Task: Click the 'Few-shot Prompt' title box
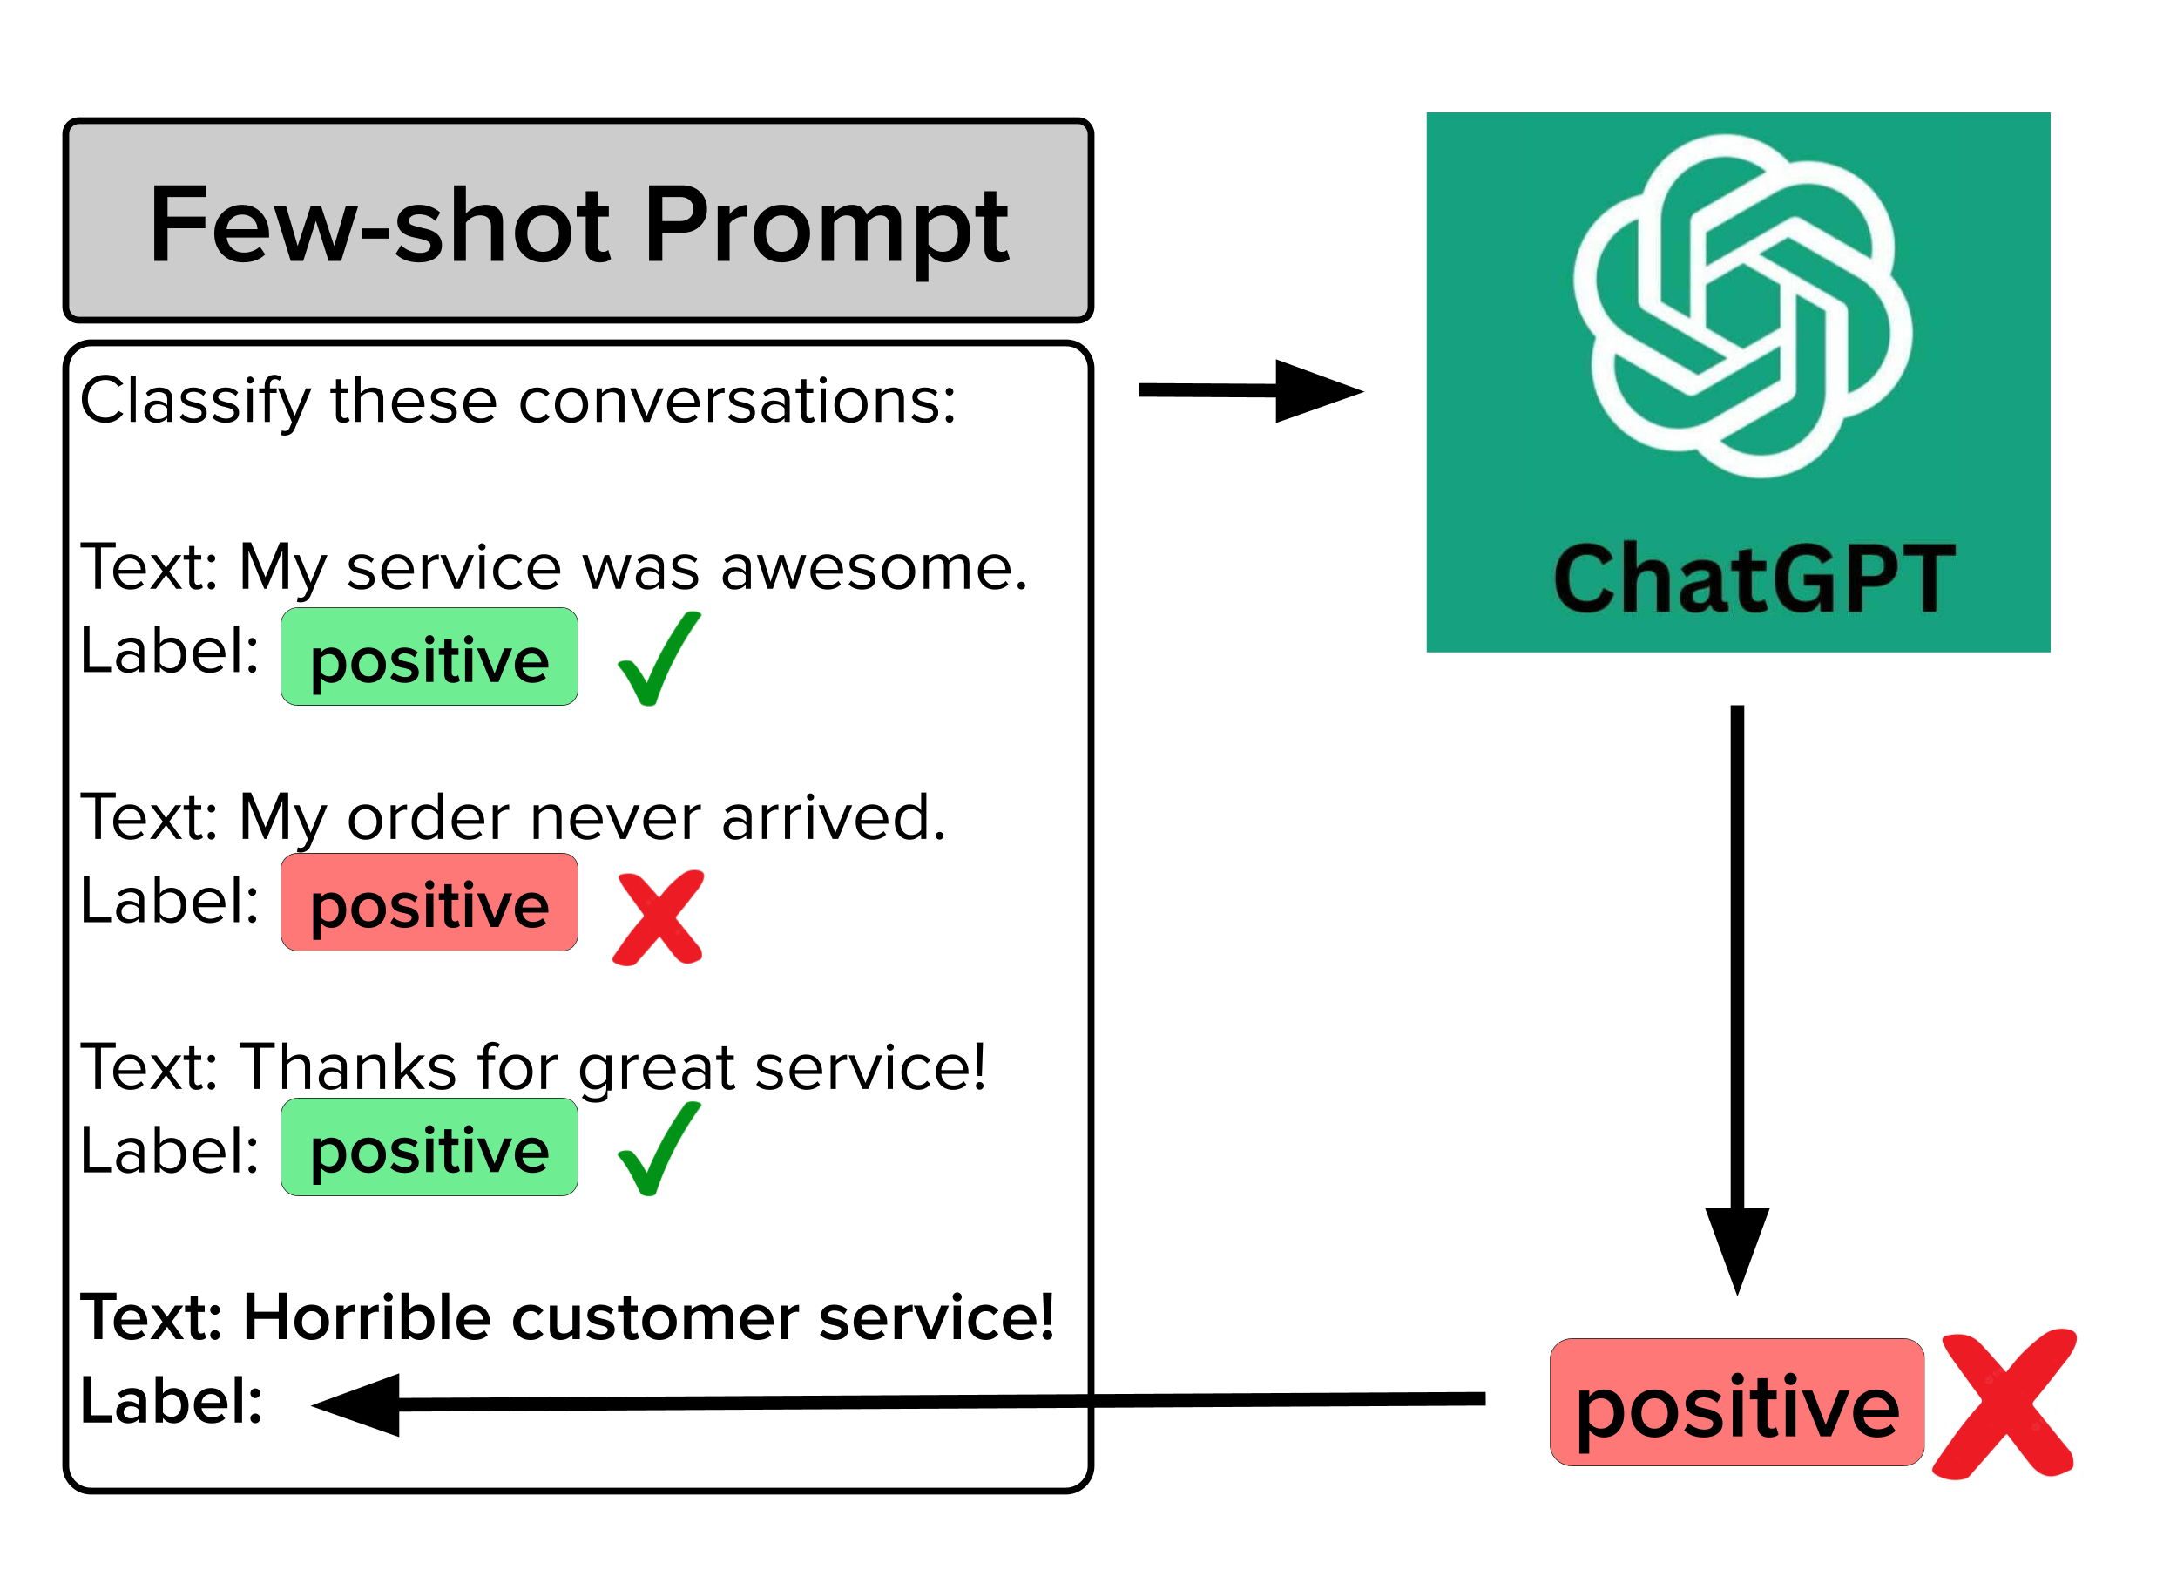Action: coord(578,220)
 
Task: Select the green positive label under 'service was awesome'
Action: coord(429,658)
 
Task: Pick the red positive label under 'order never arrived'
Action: coord(429,903)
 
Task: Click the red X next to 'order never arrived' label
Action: coord(659,918)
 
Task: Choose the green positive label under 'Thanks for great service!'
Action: coord(429,1147)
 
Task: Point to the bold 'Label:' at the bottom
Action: coord(172,1401)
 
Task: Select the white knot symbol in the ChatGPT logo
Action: coord(1741,306)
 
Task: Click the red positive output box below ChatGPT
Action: coord(1736,1404)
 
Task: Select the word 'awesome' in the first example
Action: coord(874,568)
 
